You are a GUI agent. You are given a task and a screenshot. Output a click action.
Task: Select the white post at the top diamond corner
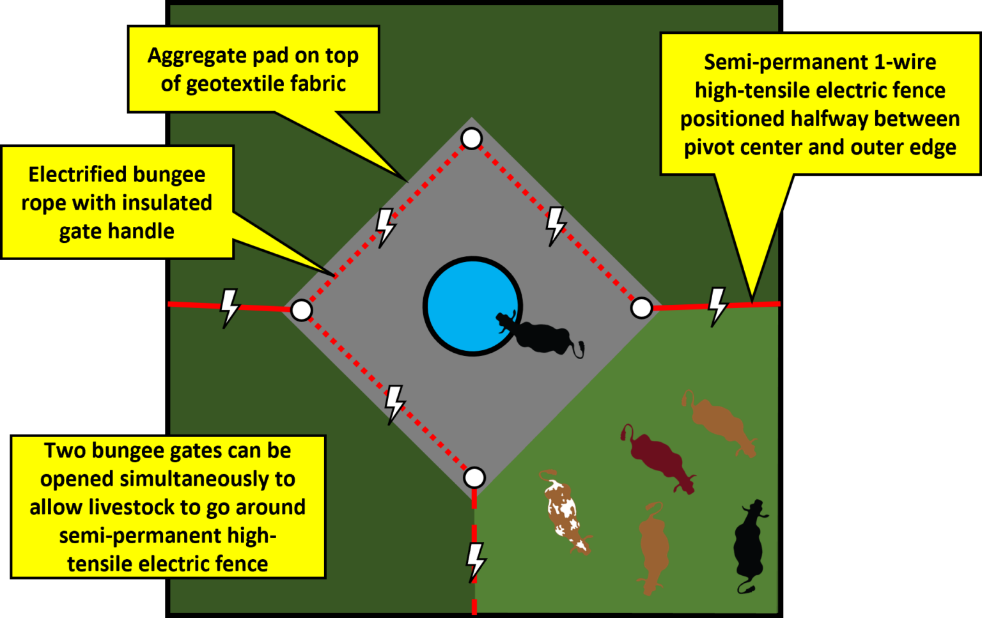472,138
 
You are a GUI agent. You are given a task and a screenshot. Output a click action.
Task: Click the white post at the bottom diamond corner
474,477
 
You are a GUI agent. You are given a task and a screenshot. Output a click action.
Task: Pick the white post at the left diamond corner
301,311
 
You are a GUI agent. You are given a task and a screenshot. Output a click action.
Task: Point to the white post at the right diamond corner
641,308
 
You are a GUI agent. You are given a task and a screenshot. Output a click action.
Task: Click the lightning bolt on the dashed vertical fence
475,561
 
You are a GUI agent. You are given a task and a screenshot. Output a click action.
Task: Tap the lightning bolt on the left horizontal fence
229,307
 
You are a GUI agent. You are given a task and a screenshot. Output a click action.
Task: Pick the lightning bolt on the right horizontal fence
717,305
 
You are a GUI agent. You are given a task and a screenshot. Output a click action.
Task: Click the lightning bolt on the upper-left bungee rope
385,227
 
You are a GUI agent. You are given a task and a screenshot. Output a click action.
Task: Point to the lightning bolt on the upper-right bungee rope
555,226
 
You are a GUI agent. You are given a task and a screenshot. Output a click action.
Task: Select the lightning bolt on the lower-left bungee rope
394,404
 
